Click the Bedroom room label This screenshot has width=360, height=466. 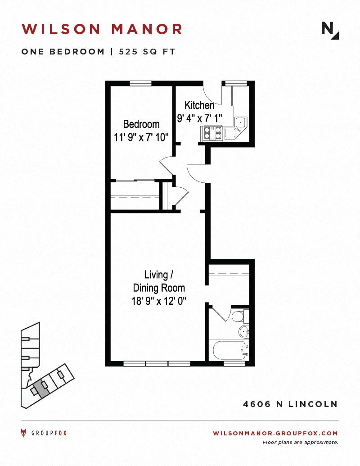point(141,124)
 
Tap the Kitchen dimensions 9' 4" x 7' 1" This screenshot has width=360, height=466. point(200,118)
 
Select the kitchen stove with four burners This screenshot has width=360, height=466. point(212,133)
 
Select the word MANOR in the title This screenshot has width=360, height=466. point(147,29)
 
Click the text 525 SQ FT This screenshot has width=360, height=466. point(147,51)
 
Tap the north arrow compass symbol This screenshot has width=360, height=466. point(330,31)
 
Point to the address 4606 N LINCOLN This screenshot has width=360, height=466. point(291,404)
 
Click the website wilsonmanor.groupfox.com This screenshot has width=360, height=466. point(275,433)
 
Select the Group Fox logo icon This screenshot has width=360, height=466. point(23,433)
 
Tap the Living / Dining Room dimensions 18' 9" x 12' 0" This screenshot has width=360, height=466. point(159,301)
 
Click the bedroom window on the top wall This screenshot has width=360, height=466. point(140,83)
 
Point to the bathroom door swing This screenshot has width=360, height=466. point(220,314)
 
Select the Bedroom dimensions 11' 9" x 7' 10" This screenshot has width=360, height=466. point(141,137)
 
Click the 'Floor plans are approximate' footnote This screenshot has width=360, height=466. point(300,442)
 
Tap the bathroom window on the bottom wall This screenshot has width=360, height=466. point(234,363)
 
